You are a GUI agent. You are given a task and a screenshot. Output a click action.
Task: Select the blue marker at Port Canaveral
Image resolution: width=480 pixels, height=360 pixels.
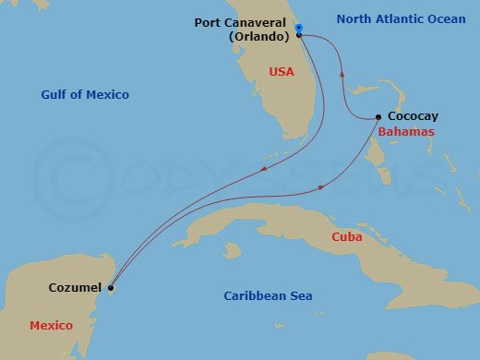click(300, 27)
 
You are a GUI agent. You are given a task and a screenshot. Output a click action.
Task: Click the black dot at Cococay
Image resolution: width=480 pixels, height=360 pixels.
click(379, 117)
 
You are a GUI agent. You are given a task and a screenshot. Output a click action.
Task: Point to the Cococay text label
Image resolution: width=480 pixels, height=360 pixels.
click(413, 117)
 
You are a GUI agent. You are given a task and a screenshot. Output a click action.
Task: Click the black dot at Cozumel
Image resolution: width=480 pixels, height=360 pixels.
click(111, 288)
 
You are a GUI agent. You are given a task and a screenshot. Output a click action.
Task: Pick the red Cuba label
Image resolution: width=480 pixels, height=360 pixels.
click(347, 237)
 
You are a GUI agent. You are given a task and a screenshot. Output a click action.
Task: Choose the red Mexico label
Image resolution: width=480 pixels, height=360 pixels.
click(51, 326)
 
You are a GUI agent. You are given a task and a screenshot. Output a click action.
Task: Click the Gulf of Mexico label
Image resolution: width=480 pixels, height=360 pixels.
click(85, 94)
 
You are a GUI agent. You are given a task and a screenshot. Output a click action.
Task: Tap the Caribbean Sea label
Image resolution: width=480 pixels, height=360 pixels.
click(268, 296)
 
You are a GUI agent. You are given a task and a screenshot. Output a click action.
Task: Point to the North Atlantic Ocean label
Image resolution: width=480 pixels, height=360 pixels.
click(401, 18)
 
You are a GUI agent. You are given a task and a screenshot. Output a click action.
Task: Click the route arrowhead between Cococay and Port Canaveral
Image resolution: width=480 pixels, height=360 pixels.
click(342, 75)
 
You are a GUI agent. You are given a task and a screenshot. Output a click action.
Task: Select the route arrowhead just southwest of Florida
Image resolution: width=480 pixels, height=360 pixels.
click(265, 169)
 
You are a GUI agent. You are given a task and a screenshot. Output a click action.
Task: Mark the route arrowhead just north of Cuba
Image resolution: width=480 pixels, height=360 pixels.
click(321, 187)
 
